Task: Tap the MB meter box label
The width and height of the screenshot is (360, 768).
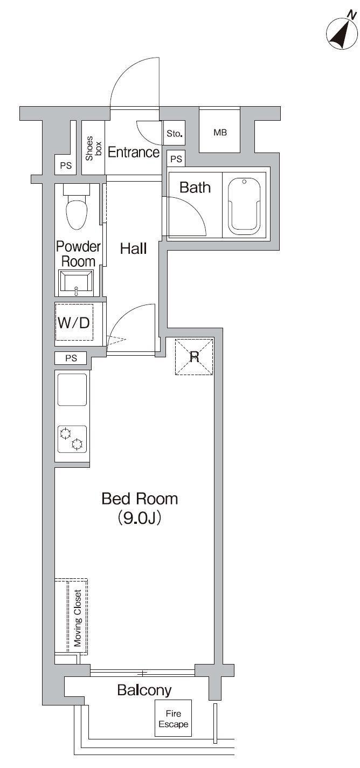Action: tap(220, 133)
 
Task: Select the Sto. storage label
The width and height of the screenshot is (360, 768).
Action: tap(174, 133)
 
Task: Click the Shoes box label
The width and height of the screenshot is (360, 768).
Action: tap(93, 148)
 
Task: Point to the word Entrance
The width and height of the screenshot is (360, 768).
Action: tap(134, 152)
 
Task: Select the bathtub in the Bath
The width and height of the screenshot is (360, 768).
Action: tap(245, 205)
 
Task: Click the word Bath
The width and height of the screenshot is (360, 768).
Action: tap(195, 188)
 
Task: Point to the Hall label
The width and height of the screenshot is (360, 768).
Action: tap(133, 248)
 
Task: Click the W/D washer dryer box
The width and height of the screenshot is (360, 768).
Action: tap(74, 322)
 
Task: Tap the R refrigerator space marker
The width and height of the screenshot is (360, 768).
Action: tap(194, 357)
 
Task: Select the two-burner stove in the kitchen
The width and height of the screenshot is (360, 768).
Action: tap(72, 439)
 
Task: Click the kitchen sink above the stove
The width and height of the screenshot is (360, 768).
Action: tap(72, 390)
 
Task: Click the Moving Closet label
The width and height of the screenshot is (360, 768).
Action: tap(78, 618)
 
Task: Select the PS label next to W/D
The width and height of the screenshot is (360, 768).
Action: tap(71, 358)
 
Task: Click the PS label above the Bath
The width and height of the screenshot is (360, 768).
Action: tap(176, 159)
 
